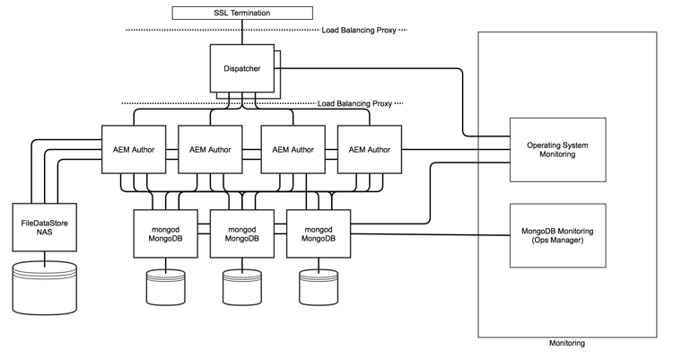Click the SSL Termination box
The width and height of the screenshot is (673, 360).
(x=242, y=12)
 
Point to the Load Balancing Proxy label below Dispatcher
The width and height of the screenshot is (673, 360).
(x=357, y=103)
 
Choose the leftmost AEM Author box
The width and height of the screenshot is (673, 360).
(x=135, y=148)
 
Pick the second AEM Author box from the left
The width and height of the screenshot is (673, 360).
(x=212, y=148)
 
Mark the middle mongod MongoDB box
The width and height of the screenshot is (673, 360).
(x=240, y=233)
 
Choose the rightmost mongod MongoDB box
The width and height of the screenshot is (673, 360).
(x=318, y=233)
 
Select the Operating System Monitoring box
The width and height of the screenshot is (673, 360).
(x=551, y=148)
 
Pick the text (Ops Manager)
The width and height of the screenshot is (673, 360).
(x=551, y=241)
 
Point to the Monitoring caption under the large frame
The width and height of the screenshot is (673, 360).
(x=567, y=343)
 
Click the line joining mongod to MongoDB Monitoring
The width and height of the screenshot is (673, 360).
(x=431, y=236)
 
